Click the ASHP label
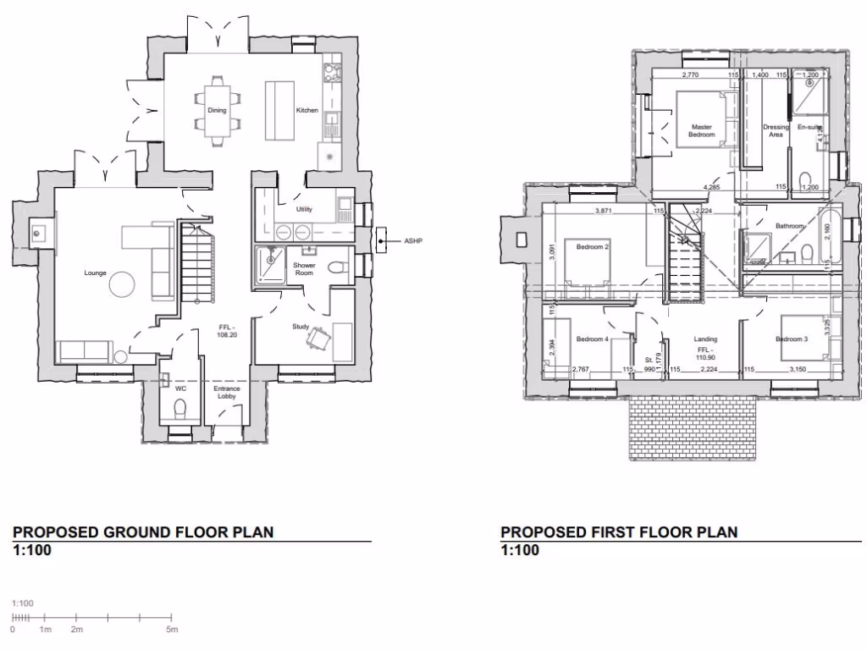tap(414, 242)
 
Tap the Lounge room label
tap(94, 273)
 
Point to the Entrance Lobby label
tap(227, 393)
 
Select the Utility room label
tap(305, 209)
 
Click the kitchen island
tap(279, 111)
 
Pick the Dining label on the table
tap(217, 111)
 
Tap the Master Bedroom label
tap(702, 131)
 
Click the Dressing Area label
tap(776, 131)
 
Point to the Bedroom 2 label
tap(593, 247)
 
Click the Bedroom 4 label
tap(592, 339)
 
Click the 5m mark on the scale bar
tap(172, 631)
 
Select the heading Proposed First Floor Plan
tap(619, 532)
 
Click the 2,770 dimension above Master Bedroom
tap(693, 76)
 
